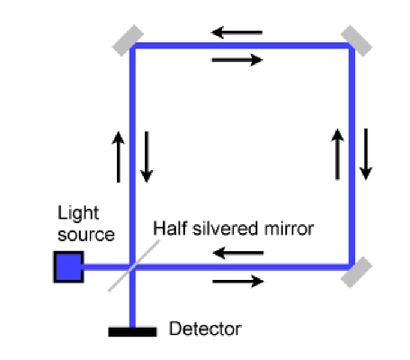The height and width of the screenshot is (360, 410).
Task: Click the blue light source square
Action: (68, 267)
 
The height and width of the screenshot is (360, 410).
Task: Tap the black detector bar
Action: (132, 332)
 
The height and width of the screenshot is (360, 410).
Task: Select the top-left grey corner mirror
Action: (128, 40)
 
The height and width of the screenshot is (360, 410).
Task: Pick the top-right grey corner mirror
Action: (357, 41)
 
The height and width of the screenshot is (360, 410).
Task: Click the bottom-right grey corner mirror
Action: (357, 273)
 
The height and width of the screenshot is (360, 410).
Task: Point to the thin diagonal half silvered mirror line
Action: (134, 265)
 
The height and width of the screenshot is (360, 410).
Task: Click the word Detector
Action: (205, 328)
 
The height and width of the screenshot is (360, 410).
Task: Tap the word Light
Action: (78, 213)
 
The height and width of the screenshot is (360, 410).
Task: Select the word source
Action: (86, 235)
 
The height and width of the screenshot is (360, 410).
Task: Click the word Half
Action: (170, 229)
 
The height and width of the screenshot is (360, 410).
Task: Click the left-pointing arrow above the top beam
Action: (237, 32)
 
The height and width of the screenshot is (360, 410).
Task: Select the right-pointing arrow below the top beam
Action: (237, 60)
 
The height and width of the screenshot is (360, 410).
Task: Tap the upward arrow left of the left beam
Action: (119, 157)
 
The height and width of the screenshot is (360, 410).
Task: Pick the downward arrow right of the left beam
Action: (147, 157)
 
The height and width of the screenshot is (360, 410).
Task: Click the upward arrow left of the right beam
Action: (337, 154)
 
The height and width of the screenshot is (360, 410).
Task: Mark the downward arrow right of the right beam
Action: (366, 154)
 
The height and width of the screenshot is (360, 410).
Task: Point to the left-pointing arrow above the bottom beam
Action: (238, 253)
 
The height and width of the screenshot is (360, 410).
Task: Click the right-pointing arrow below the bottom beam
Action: (238, 282)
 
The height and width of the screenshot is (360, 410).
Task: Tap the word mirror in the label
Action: (289, 229)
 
